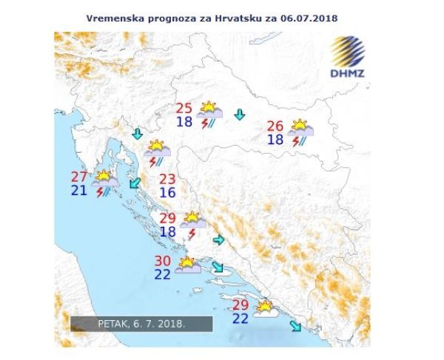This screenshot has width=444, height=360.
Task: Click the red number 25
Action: click(184, 108)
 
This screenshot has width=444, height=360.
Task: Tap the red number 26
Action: click(275, 126)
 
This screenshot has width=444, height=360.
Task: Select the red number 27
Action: click(79, 177)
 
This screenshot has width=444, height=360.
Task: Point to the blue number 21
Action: click(79, 191)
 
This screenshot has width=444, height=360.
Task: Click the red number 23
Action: click(167, 180)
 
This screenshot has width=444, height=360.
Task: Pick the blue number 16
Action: click(167, 193)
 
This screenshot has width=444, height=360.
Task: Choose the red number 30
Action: click(163, 261)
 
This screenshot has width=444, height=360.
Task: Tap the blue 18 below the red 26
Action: click(275, 140)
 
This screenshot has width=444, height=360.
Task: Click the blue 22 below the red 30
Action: click(163, 274)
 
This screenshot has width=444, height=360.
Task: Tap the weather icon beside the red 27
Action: click(104, 183)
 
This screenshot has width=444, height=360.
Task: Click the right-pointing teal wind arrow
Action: click(218, 240)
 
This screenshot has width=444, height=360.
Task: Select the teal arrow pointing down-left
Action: click(135, 183)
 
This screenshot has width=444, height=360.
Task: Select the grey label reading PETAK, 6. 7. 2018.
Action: click(141, 324)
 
